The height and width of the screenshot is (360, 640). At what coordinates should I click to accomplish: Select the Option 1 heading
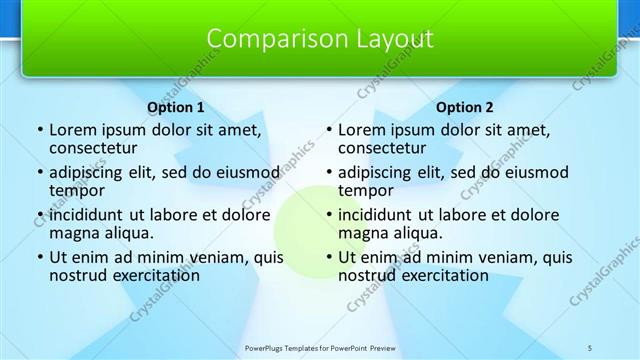pyautogui.click(x=176, y=107)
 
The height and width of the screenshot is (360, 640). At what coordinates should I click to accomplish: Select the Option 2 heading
pyautogui.click(x=465, y=107)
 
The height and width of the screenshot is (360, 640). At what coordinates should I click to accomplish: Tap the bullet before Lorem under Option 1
pyautogui.click(x=39, y=130)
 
